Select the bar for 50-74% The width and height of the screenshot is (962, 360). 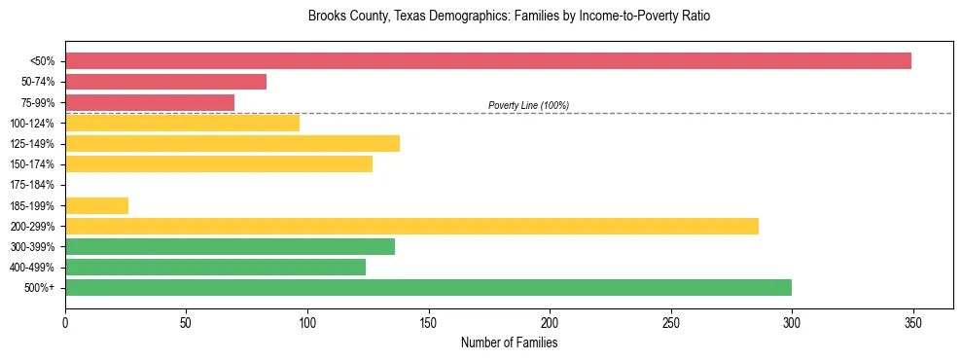tap(165, 82)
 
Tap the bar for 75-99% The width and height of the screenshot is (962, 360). tap(150, 102)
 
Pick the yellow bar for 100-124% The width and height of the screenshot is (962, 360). tap(182, 123)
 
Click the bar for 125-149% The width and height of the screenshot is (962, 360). tap(232, 144)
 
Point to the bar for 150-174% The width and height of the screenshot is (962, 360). tap(219, 164)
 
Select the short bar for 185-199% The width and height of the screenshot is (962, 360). tap(96, 205)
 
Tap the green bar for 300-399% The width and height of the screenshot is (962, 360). tap(230, 247)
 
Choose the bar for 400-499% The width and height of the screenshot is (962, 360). tap(215, 268)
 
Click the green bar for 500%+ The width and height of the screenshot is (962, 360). tap(428, 288)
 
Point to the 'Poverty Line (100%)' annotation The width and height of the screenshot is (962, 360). tap(528, 105)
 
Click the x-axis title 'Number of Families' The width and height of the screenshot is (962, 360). tap(509, 342)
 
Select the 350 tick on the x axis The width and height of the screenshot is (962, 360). tap(913, 322)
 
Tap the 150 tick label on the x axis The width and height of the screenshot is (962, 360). tap(429, 322)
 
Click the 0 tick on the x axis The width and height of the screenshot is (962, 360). tap(65, 322)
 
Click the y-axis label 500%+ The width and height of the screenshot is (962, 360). tap(40, 288)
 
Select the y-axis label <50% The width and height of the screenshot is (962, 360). tap(42, 61)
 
